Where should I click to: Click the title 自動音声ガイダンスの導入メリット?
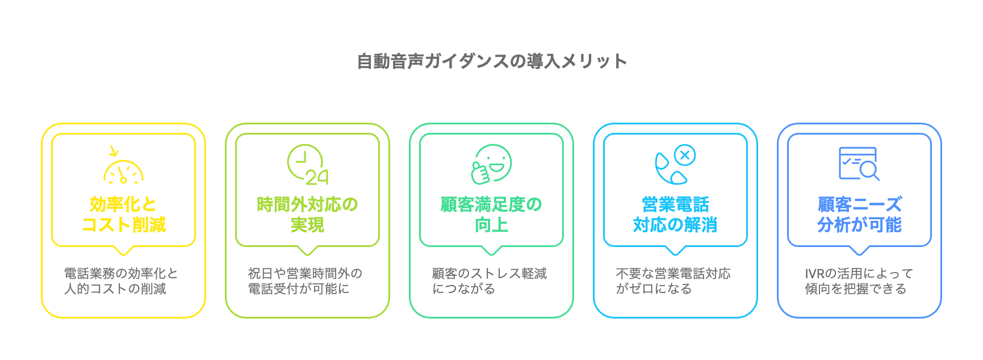pyautogui.click(x=492, y=61)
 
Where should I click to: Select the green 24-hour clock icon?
pyautogui.click(x=307, y=165)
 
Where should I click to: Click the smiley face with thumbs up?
pyautogui.click(x=491, y=164)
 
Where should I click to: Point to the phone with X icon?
pyautogui.click(x=675, y=164)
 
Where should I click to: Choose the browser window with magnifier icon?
pyautogui.click(x=859, y=164)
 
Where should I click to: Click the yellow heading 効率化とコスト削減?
pyautogui.click(x=123, y=215)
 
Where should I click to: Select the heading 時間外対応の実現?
pyautogui.click(x=307, y=215)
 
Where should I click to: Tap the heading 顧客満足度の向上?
pyautogui.click(x=491, y=215)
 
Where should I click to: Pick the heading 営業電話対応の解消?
pyautogui.click(x=675, y=215)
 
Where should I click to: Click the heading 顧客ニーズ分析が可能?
pyautogui.click(x=859, y=215)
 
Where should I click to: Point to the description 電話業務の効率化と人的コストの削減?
pyautogui.click(x=121, y=281)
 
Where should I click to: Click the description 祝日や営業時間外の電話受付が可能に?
pyautogui.click(x=305, y=281)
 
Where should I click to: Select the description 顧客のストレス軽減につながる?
pyautogui.click(x=489, y=281)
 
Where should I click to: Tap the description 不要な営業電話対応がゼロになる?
pyautogui.click(x=673, y=281)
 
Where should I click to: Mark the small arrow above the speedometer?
pyautogui.click(x=114, y=151)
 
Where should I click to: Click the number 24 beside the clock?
pyautogui.click(x=317, y=178)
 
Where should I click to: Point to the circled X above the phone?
pyautogui.click(x=685, y=154)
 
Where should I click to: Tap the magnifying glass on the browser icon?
pyautogui.click(x=869, y=170)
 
